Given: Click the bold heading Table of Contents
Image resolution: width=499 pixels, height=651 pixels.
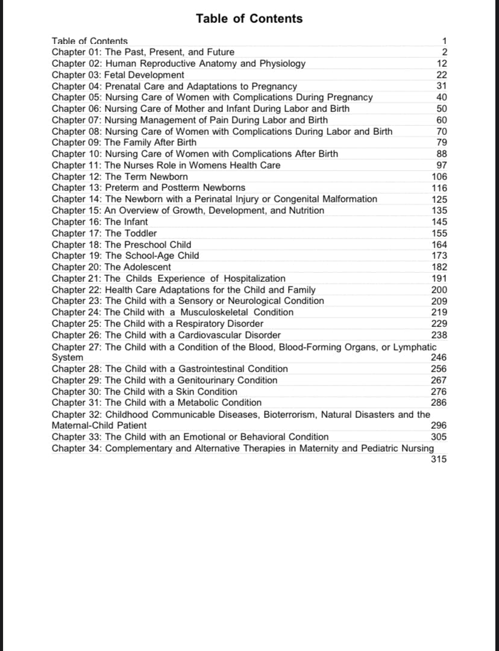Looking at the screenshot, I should [x=249, y=19].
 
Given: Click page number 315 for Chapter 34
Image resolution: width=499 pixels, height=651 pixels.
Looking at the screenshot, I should [x=439, y=459].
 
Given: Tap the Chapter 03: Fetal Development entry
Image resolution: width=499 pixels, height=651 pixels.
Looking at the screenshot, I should [x=118, y=75].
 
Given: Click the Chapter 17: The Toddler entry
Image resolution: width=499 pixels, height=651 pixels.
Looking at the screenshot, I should [x=104, y=233].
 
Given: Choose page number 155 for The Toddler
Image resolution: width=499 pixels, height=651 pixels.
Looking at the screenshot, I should [x=439, y=233].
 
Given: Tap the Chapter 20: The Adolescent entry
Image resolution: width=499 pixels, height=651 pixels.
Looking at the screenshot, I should [x=111, y=267].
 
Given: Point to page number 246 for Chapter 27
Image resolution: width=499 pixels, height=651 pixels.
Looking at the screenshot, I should [x=439, y=357].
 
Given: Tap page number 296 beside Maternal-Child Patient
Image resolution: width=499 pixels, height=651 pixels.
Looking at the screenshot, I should [x=439, y=425].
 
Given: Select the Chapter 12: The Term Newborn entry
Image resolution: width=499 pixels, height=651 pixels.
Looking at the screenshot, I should [x=119, y=176].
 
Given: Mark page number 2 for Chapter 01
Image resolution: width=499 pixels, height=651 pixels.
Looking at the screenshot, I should [x=444, y=52].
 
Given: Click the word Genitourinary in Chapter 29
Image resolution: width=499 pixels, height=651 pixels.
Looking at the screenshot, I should [x=208, y=380].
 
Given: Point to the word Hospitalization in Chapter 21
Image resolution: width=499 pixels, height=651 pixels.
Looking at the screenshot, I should [x=254, y=278].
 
